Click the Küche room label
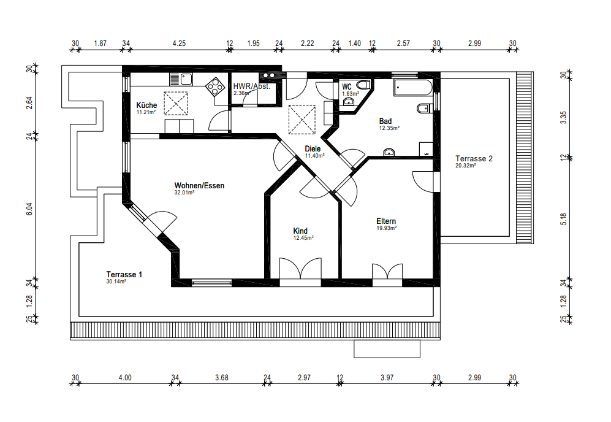(x=146, y=105)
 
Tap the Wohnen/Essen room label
(x=199, y=186)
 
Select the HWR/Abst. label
(x=251, y=86)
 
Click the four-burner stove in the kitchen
(x=214, y=86)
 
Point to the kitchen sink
(x=181, y=80)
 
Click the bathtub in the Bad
(x=412, y=88)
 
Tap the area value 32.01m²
(x=184, y=192)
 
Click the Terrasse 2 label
(x=474, y=158)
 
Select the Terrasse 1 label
(x=124, y=275)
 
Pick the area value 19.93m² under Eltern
(x=386, y=228)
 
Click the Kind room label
(x=300, y=231)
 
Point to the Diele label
(x=313, y=148)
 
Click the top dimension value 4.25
(x=179, y=44)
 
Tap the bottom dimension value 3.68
(x=221, y=378)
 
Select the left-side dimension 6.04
(x=29, y=209)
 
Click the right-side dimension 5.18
(x=563, y=219)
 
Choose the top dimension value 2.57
(x=403, y=44)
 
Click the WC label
(x=346, y=87)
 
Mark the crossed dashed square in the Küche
(x=176, y=104)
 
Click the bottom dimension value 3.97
(x=387, y=378)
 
